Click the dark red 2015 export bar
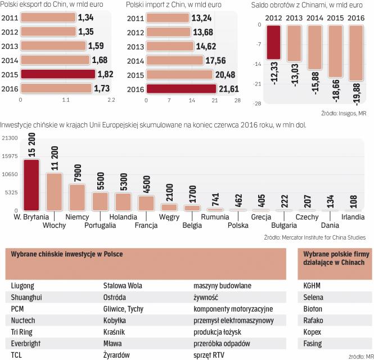57,74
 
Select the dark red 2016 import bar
181,88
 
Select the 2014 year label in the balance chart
319,16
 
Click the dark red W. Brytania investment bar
31,185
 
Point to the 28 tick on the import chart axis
237,100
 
